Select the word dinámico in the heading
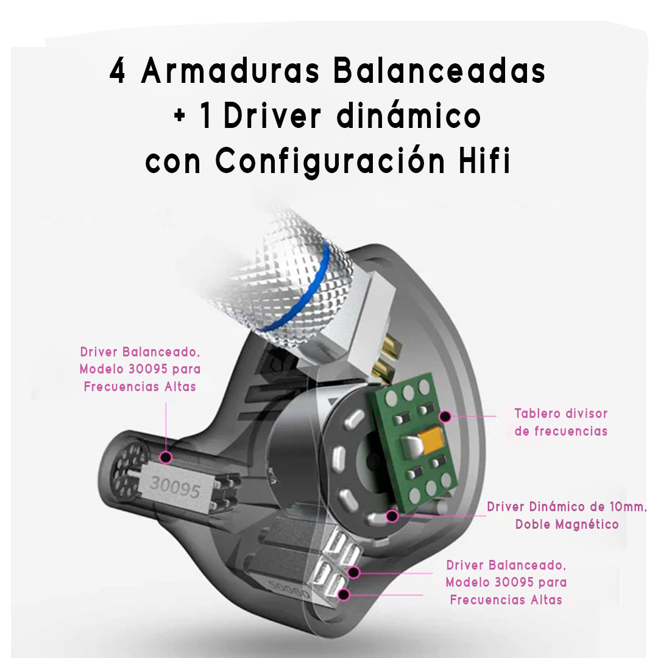(409, 117)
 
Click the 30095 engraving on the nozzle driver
(175, 485)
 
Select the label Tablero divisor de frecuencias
(561, 422)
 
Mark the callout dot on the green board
(445, 417)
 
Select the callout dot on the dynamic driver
(392, 516)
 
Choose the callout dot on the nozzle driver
(165, 456)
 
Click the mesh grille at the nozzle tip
(129, 470)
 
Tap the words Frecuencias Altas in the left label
(140, 386)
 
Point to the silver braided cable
(286, 268)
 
